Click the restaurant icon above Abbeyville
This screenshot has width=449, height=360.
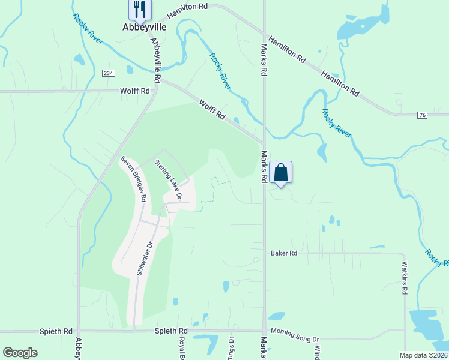pos(140,8)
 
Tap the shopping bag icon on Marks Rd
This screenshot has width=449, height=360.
pos(280,173)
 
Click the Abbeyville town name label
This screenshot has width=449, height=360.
pos(144,27)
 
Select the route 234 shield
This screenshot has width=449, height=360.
pos(107,73)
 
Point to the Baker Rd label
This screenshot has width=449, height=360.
pos(284,253)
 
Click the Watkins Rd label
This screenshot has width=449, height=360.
pos(405,277)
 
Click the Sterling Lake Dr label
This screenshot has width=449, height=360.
pos(168,179)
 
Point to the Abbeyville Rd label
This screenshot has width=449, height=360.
pos(156,61)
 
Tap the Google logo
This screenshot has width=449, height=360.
pos(20,353)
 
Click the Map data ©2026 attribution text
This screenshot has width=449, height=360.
pos(423,355)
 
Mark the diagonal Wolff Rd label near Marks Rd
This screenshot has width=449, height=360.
pos(212,110)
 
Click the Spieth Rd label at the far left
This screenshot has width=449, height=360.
pos(56,331)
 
